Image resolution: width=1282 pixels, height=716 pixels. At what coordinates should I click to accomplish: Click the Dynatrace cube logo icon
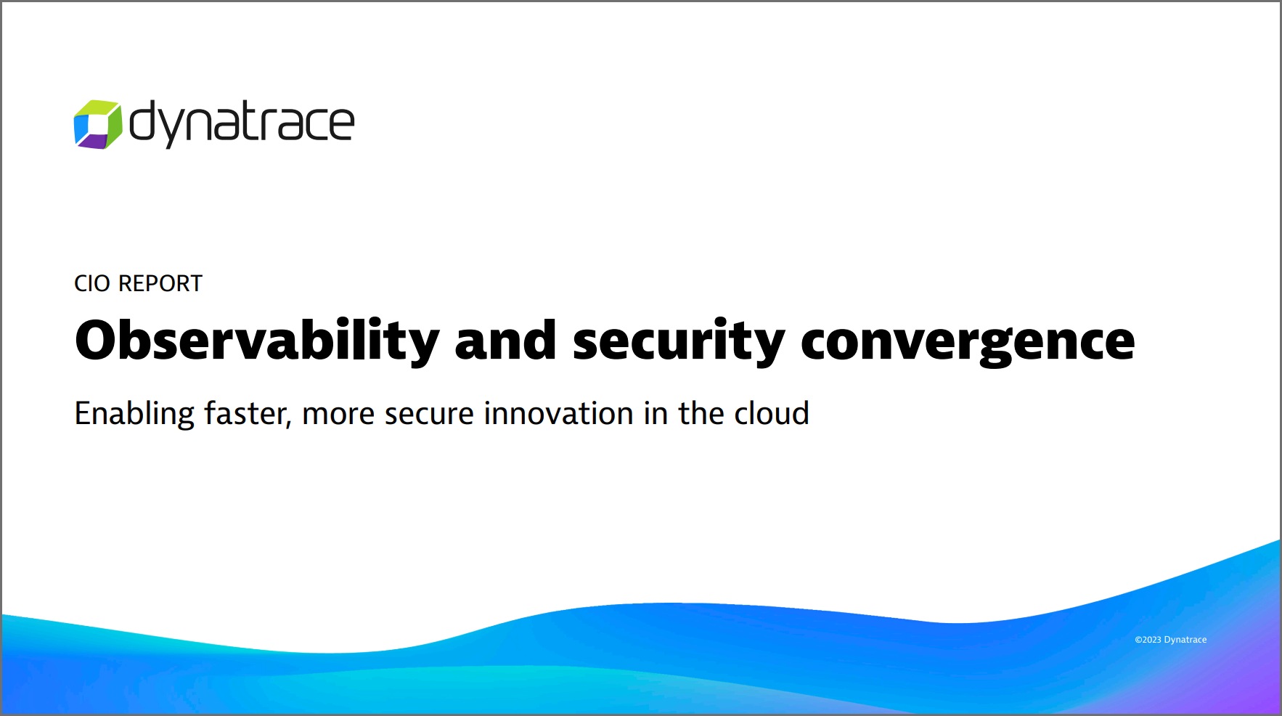click(x=98, y=124)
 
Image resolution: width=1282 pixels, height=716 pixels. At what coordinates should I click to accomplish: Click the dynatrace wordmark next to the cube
click(x=242, y=123)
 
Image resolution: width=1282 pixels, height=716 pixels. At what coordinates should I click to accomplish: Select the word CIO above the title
click(x=92, y=283)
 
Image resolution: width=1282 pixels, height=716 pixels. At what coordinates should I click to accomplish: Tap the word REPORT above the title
click(x=160, y=283)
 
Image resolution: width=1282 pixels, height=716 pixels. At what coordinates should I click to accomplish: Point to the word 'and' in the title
click(x=506, y=340)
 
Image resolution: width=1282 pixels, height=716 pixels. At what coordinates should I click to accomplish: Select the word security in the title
click(x=679, y=341)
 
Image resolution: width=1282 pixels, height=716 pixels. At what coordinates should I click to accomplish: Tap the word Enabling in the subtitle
click(x=135, y=415)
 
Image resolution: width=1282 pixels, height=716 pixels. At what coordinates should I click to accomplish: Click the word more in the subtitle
click(x=338, y=415)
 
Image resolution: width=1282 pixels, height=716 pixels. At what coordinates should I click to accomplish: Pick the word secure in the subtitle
click(x=429, y=415)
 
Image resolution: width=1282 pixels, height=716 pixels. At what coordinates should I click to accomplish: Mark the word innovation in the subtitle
click(x=559, y=413)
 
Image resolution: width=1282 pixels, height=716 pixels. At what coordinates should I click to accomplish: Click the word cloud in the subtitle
click(x=772, y=413)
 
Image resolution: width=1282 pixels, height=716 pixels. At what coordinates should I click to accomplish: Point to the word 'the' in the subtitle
click(x=701, y=413)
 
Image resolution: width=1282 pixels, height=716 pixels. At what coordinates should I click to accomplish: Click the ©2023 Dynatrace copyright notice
click(x=1171, y=640)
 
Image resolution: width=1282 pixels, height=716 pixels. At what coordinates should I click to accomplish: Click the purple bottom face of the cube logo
click(x=93, y=142)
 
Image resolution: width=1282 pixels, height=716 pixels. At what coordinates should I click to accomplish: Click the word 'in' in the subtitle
click(x=656, y=413)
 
